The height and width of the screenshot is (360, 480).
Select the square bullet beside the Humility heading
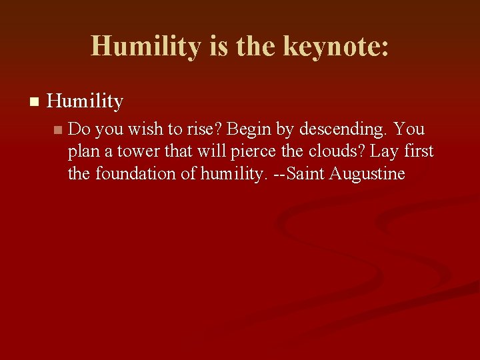35,102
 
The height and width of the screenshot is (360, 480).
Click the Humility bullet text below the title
85,101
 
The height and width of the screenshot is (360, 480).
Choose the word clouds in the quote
332,151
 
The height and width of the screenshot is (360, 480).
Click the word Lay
385,151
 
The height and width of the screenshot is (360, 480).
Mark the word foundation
143,174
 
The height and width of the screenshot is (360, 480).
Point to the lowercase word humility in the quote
235,174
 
